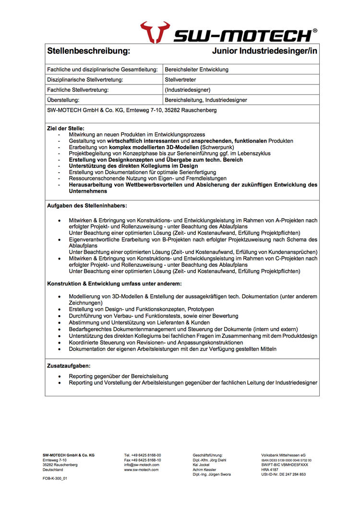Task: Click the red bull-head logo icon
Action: (x=155, y=32)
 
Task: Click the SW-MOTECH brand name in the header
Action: (x=242, y=35)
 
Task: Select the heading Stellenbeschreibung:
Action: (x=88, y=50)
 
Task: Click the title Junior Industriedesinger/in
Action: (x=264, y=50)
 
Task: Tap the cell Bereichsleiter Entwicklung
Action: (x=196, y=70)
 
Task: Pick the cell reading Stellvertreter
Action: (x=180, y=80)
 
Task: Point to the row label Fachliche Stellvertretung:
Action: (x=78, y=90)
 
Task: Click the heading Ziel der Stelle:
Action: (x=66, y=128)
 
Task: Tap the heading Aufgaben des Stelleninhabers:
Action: (x=87, y=205)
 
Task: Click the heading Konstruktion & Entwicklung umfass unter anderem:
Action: (x=114, y=284)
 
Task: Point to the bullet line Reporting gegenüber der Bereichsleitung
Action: (x=118, y=376)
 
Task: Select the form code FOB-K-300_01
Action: (x=55, y=478)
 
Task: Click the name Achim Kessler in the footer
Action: (x=204, y=470)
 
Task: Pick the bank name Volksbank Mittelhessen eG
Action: (x=283, y=455)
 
